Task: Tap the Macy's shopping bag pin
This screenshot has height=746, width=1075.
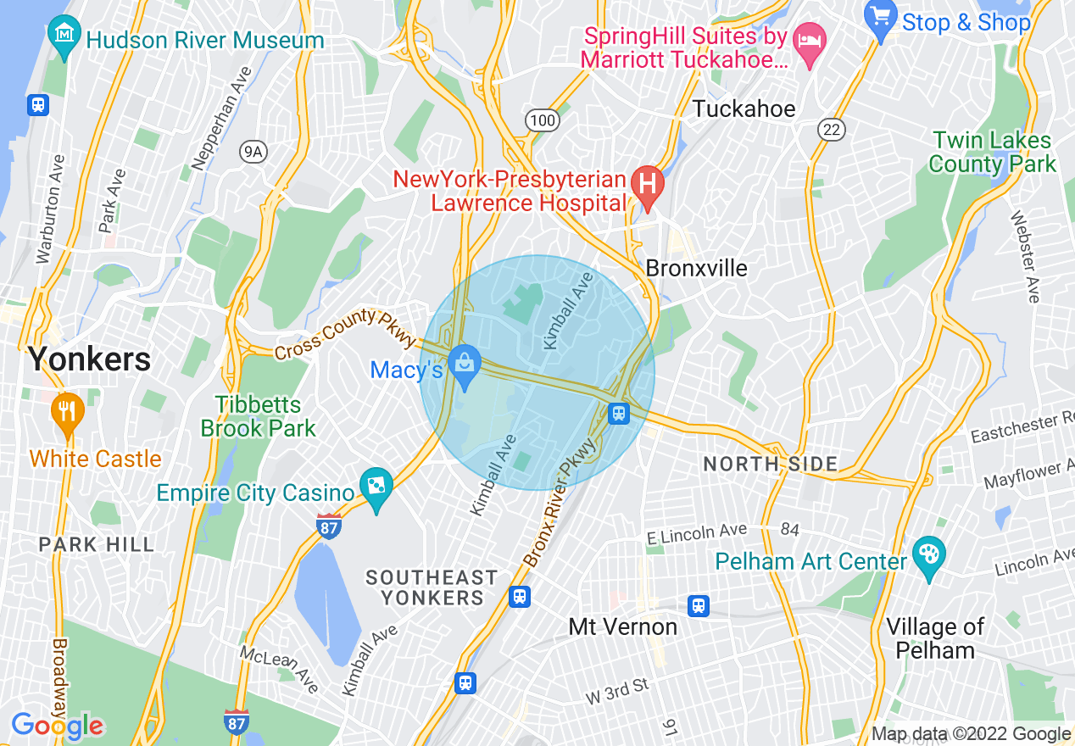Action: click(x=465, y=365)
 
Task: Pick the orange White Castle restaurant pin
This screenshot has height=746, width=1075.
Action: click(x=66, y=414)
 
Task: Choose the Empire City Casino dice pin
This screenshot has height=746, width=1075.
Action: click(x=376, y=487)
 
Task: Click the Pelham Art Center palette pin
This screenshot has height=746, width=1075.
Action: click(x=929, y=558)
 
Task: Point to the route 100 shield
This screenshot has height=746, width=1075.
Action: click(x=542, y=120)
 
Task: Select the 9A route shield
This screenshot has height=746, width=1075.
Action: click(x=253, y=152)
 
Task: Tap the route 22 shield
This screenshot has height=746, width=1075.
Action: click(x=832, y=128)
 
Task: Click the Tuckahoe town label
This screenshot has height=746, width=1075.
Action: click(x=744, y=109)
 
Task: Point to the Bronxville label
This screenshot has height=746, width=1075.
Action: click(x=697, y=269)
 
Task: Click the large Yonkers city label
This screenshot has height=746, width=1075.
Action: click(x=89, y=359)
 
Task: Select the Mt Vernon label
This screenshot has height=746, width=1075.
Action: click(x=623, y=627)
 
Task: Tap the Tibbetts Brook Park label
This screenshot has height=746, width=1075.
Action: click(x=258, y=416)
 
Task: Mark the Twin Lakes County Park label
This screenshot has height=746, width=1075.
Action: click(x=992, y=152)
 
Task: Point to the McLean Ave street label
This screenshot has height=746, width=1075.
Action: click(x=280, y=667)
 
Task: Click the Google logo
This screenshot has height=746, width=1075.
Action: click(x=57, y=726)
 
